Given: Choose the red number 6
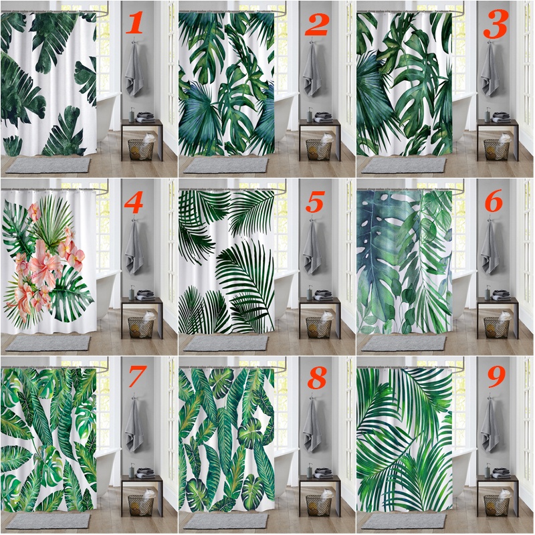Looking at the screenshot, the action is click(x=494, y=201).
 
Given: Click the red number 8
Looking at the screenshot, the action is click(x=317, y=378).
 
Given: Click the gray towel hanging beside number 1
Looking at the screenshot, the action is click(x=134, y=70).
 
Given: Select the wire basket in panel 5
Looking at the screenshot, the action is click(x=318, y=327).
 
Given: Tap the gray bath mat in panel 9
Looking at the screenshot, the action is click(x=404, y=521).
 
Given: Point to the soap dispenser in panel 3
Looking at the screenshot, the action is click(x=488, y=114).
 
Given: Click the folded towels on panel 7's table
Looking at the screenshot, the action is click(x=145, y=473).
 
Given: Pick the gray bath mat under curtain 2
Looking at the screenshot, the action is click(x=226, y=165).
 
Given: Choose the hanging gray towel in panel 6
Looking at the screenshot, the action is click(x=490, y=247).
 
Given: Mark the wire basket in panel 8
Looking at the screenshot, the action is click(x=318, y=505).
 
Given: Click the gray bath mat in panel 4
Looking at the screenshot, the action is click(x=47, y=343).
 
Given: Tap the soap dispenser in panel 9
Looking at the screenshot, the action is click(x=488, y=470).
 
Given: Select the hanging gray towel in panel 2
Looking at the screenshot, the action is click(x=312, y=70).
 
